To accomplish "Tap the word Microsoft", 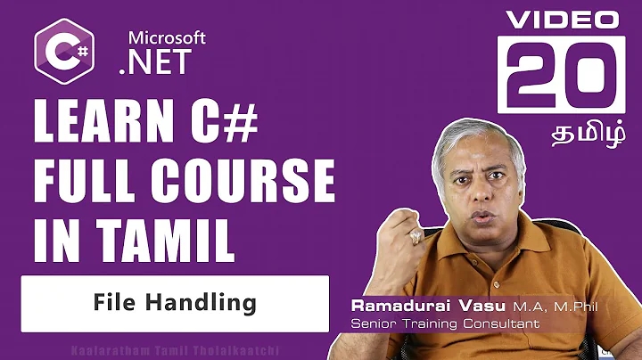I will (x=167, y=37).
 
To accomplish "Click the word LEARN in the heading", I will (x=95, y=120).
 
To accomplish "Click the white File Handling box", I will (x=175, y=302).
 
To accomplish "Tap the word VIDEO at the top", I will (x=561, y=18).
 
